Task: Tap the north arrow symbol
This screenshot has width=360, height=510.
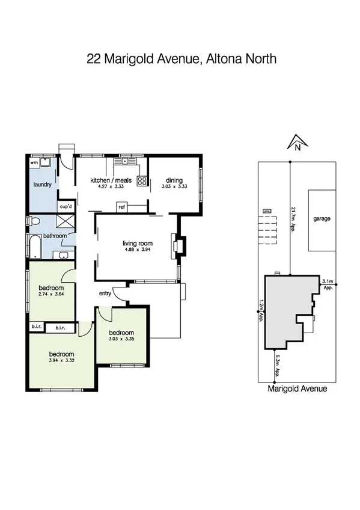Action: (297, 143)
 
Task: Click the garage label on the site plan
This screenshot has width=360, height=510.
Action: (322, 219)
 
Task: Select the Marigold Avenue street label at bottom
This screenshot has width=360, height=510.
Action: (297, 389)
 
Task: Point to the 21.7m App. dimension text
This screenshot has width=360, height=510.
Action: (293, 220)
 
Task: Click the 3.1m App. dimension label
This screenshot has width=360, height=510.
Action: (328, 284)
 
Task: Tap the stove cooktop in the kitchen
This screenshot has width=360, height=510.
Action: (142, 180)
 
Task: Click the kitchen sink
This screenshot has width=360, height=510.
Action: (125, 161)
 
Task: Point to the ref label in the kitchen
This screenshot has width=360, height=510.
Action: (121, 207)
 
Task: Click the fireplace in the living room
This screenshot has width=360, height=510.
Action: (178, 246)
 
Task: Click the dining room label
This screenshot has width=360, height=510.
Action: (174, 180)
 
